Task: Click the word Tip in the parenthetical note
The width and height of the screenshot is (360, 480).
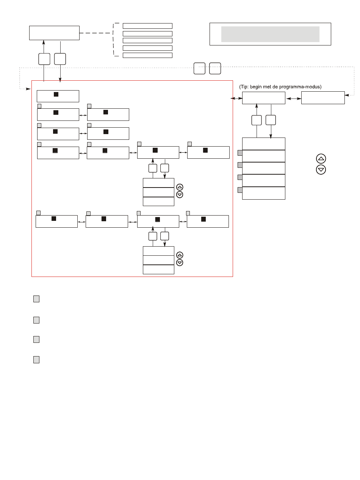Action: pyautogui.click(x=244, y=87)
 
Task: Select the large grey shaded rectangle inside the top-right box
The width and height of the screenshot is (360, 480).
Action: pyautogui.click(x=270, y=34)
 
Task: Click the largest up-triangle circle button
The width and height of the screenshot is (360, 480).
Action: pyautogui.click(x=321, y=159)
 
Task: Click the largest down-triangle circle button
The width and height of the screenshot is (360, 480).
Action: pyautogui.click(x=321, y=169)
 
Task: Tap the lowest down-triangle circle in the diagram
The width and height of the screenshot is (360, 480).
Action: pyautogui.click(x=180, y=263)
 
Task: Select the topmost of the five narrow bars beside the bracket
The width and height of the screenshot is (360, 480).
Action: pyautogui.click(x=147, y=26)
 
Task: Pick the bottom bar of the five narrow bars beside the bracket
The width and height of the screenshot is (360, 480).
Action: pyautogui.click(x=147, y=55)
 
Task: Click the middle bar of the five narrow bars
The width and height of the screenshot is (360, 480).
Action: pyautogui.click(x=147, y=41)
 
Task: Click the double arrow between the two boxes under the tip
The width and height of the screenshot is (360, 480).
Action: pyautogui.click(x=293, y=99)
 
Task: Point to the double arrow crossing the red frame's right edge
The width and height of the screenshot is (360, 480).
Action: pyautogui.click(x=236, y=99)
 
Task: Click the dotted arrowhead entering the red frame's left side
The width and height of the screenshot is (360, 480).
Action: pyautogui.click(x=28, y=89)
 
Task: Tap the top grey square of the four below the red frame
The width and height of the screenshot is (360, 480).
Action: pyautogui.click(x=36, y=299)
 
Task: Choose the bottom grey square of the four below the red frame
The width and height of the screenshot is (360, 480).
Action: pyautogui.click(x=36, y=360)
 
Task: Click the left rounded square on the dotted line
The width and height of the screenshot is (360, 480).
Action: pyautogui.click(x=199, y=68)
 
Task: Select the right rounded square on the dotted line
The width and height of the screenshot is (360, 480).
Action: pyautogui.click(x=215, y=68)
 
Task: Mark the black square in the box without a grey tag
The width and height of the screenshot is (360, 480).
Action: pyautogui.click(x=56, y=94)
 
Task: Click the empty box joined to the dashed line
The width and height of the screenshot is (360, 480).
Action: pyautogui.click(x=54, y=33)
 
